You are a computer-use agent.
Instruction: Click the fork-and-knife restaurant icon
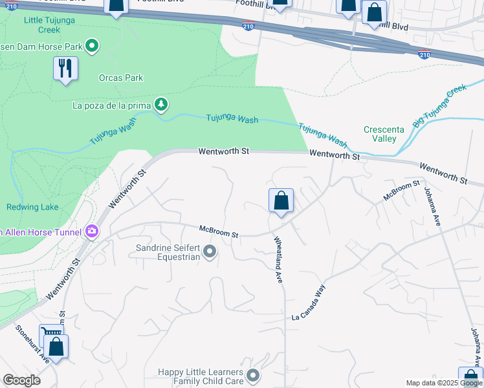[x=65, y=69]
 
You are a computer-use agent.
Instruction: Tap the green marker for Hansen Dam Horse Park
[x=92, y=46]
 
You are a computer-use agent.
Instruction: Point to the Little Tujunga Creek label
[x=42, y=25]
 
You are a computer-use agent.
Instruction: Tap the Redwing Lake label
[x=32, y=207]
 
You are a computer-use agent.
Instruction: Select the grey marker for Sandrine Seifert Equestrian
[x=209, y=252]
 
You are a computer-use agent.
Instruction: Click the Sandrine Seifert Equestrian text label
[x=168, y=252]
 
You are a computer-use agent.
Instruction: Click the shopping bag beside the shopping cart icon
[x=56, y=347]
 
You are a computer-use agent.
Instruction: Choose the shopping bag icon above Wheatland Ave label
[x=281, y=201]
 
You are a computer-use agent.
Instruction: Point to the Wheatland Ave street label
[x=279, y=259]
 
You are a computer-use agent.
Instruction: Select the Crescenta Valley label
[x=384, y=134]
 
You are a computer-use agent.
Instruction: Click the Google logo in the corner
[x=21, y=380]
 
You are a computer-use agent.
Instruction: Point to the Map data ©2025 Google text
[x=443, y=383]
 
